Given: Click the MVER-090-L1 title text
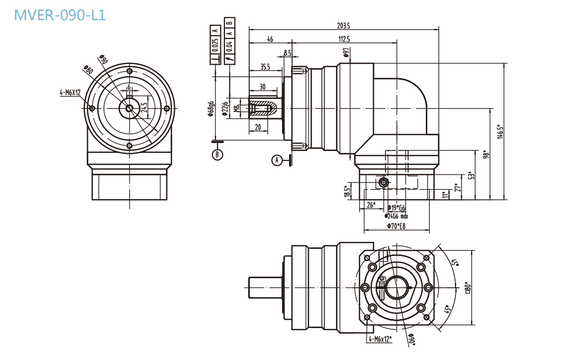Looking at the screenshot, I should pos(60,15).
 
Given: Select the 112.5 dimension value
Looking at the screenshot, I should pos(344,39).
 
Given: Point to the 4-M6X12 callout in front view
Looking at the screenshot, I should pos(70,92).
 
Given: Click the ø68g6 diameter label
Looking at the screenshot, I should pos(212,109).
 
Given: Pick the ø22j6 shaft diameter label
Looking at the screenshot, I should pos(225,108).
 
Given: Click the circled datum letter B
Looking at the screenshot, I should pos(217,155).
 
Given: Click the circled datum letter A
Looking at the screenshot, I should pos(276,161).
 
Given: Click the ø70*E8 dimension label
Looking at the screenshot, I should pos(397,226).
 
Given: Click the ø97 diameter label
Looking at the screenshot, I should pos(346,53).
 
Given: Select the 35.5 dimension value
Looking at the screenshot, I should pos(265,67).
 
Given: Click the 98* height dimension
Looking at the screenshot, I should pos(485,154).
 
